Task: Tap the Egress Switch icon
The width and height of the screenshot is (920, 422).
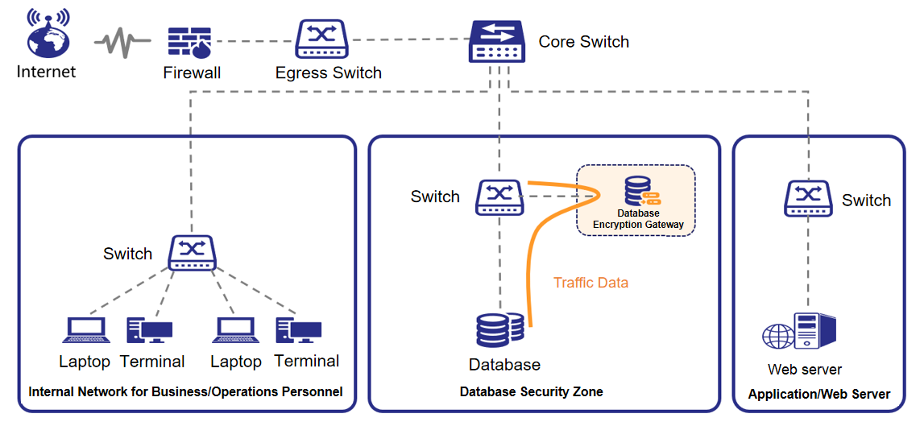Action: pyautogui.click(x=321, y=39)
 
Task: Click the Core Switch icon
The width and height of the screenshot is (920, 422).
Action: pyautogui.click(x=496, y=42)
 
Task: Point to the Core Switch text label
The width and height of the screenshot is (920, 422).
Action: pyautogui.click(x=583, y=42)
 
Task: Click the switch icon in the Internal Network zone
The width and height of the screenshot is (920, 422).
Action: pyautogui.click(x=192, y=252)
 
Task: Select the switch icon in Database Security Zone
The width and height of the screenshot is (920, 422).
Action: pyautogui.click(x=499, y=197)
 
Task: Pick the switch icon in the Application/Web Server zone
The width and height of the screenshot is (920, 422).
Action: pyautogui.click(x=808, y=199)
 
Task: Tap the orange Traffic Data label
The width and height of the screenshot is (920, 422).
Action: pyautogui.click(x=591, y=283)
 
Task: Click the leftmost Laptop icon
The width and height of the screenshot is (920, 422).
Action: pyautogui.click(x=85, y=331)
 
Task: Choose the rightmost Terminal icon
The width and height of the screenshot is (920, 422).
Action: pyautogui.click(x=299, y=331)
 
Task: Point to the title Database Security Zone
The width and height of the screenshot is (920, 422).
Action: pyautogui.click(x=531, y=392)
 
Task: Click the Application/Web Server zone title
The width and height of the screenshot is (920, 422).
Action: pyautogui.click(x=819, y=395)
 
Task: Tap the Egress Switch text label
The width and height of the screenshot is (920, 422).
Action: pyautogui.click(x=329, y=73)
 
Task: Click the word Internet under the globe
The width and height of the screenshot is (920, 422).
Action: pyautogui.click(x=47, y=72)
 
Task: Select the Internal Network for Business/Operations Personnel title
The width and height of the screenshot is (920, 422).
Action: pyautogui.click(x=186, y=392)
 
